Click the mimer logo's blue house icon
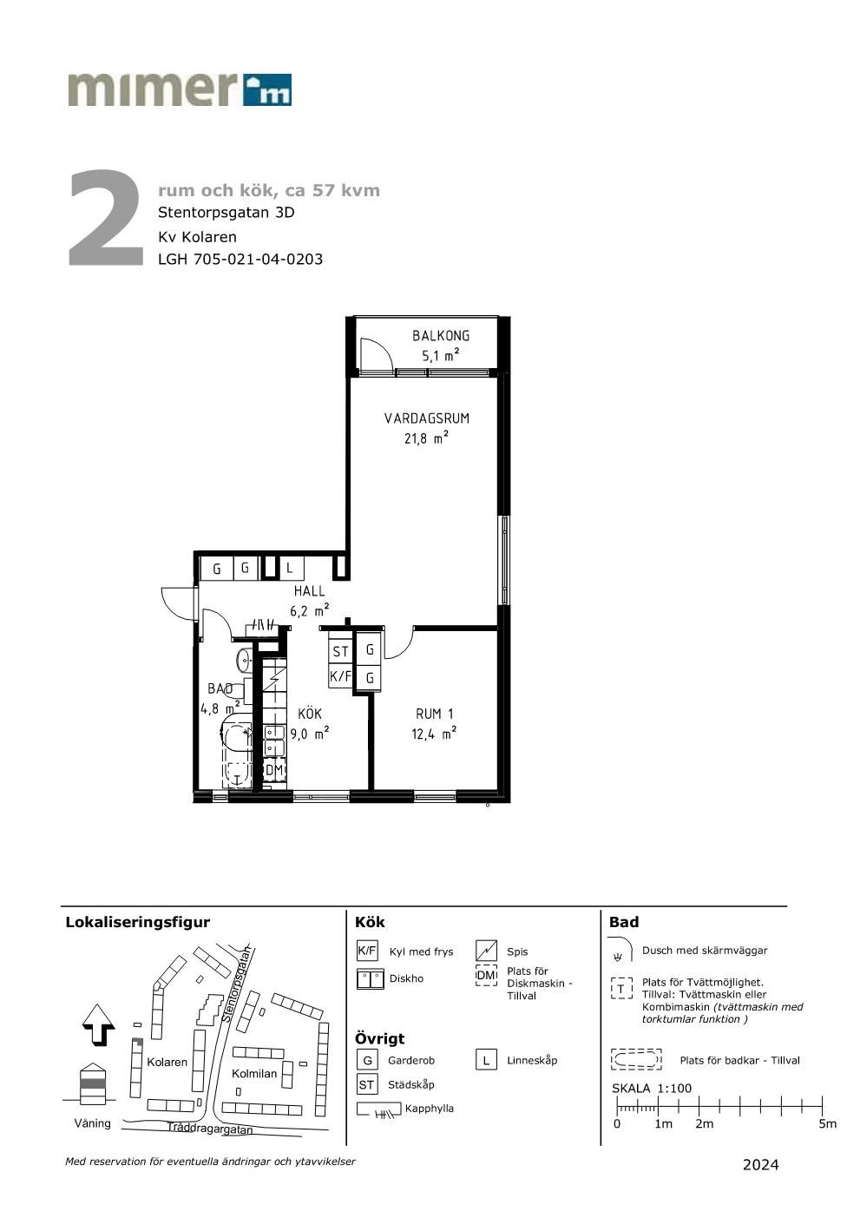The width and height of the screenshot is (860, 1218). pyautogui.click(x=267, y=89)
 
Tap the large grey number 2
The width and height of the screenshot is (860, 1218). pyautogui.click(x=106, y=218)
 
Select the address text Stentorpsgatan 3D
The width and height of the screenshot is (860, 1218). pyautogui.click(x=226, y=212)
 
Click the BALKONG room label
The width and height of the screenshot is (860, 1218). pyautogui.click(x=440, y=335)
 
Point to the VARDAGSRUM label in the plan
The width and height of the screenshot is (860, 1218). pyautogui.click(x=427, y=418)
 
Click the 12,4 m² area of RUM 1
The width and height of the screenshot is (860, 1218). pyautogui.click(x=434, y=734)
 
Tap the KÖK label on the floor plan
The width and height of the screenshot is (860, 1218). pyautogui.click(x=309, y=713)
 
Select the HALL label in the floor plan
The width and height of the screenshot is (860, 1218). pyautogui.click(x=309, y=590)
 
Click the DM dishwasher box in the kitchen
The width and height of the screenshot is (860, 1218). pyautogui.click(x=274, y=770)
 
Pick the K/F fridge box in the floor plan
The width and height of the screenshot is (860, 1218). pyautogui.click(x=341, y=676)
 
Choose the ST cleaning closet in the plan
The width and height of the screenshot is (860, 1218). pyautogui.click(x=341, y=651)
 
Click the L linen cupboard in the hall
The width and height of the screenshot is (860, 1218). pyautogui.click(x=290, y=569)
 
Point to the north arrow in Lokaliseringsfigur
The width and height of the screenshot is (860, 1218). pyautogui.click(x=98, y=1024)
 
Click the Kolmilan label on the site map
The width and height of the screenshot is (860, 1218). pyautogui.click(x=254, y=1073)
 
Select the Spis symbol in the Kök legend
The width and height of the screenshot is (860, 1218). pyautogui.click(x=486, y=951)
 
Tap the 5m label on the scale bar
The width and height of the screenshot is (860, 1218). pyautogui.click(x=827, y=1124)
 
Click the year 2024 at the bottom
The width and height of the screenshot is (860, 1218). pyautogui.click(x=760, y=1165)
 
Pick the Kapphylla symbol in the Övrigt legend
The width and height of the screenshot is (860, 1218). pyautogui.click(x=379, y=1109)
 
